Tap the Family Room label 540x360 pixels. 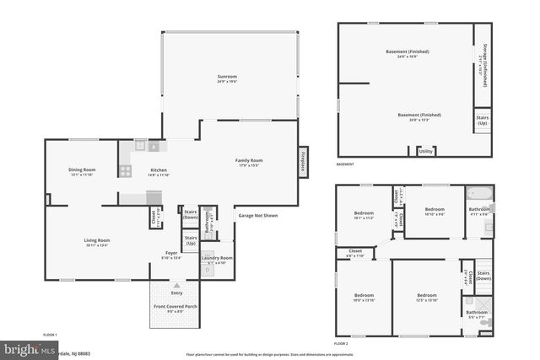[249, 160]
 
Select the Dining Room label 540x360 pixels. [82, 170]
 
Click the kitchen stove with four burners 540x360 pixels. [124, 170]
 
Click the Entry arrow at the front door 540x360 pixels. [176, 285]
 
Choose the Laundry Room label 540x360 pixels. [216, 258]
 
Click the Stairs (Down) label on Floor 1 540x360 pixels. [191, 214]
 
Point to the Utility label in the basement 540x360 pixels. [425, 151]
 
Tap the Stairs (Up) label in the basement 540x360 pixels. [483, 120]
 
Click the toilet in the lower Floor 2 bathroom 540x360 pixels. [483, 323]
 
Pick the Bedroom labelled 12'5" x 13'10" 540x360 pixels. [427, 295]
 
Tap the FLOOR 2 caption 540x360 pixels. [341, 344]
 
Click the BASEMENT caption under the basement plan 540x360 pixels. [345, 164]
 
